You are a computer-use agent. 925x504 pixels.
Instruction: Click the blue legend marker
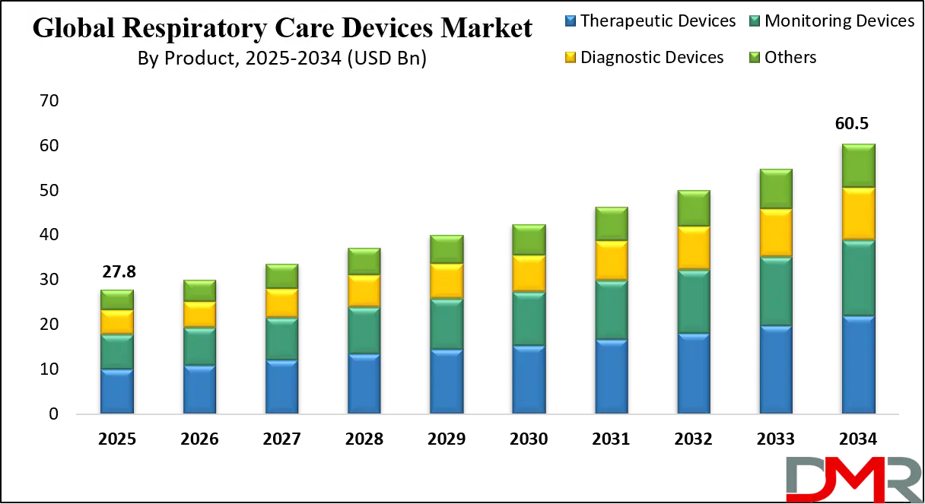click(x=569, y=21)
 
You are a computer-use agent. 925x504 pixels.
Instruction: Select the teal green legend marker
click(x=755, y=21)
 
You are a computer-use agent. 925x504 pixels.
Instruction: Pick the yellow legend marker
click(x=569, y=57)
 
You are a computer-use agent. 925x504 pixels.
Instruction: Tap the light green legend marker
click(x=755, y=57)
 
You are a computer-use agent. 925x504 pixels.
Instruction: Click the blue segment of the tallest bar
click(x=858, y=365)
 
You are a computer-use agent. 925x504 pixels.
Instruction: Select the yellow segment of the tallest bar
click(x=858, y=214)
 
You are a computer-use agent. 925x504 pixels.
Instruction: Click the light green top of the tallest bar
click(x=858, y=165)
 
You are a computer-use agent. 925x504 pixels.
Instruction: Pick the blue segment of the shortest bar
click(x=117, y=391)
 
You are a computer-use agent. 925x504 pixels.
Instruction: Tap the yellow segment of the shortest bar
click(x=117, y=322)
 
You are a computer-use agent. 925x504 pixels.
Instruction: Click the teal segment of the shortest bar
click(x=117, y=351)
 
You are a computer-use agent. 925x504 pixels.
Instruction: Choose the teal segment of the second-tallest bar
click(x=776, y=291)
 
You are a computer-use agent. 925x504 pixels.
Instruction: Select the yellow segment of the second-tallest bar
click(x=776, y=233)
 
